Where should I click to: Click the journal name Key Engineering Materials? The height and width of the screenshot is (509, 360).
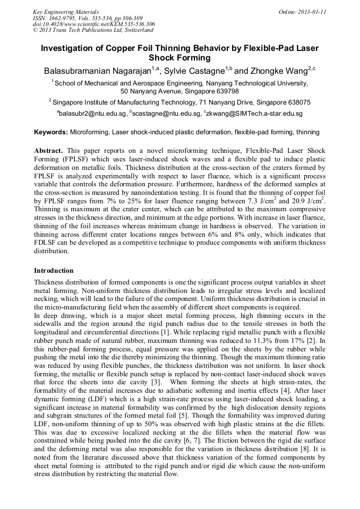66,11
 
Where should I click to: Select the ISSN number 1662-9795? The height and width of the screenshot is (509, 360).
61,18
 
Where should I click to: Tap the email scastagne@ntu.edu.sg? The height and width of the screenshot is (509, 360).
166,114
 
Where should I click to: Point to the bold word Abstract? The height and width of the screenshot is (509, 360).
49,150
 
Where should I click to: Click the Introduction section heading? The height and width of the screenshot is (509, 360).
54,270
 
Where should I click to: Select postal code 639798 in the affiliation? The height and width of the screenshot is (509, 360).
225,91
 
